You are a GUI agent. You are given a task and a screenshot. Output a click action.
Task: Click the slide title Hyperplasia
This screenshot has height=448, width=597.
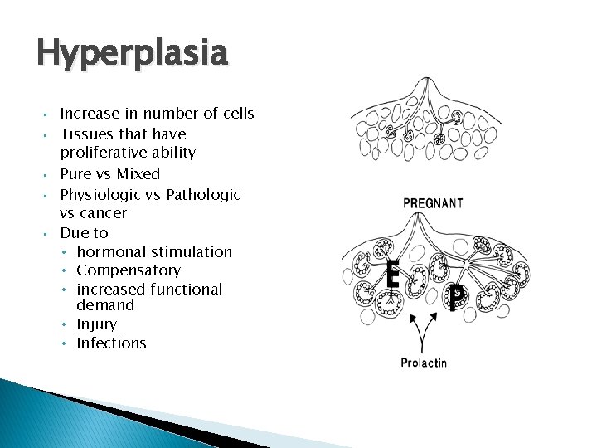pyautogui.click(x=131, y=55)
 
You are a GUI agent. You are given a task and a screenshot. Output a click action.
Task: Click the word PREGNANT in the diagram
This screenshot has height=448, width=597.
pyautogui.click(x=433, y=202)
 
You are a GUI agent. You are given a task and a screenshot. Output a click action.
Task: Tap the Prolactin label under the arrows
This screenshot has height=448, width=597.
pyautogui.click(x=424, y=363)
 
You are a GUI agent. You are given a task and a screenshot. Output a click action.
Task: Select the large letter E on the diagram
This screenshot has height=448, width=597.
pyautogui.click(x=393, y=274)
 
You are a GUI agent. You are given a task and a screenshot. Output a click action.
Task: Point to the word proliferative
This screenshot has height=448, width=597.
pyautogui.click(x=100, y=153)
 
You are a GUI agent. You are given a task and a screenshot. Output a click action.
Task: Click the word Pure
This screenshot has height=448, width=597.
pyautogui.click(x=75, y=174)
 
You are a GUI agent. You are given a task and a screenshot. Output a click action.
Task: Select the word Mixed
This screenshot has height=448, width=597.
pyautogui.click(x=138, y=174)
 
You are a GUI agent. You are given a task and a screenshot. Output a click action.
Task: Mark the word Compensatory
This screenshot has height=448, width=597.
pyautogui.click(x=128, y=270)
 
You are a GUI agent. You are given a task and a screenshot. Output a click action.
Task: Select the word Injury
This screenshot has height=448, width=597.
pyautogui.click(x=96, y=324)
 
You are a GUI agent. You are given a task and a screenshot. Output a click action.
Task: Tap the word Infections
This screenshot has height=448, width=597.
pyautogui.click(x=111, y=343)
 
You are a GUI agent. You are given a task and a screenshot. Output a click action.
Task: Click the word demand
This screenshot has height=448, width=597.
pyautogui.click(x=105, y=305)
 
